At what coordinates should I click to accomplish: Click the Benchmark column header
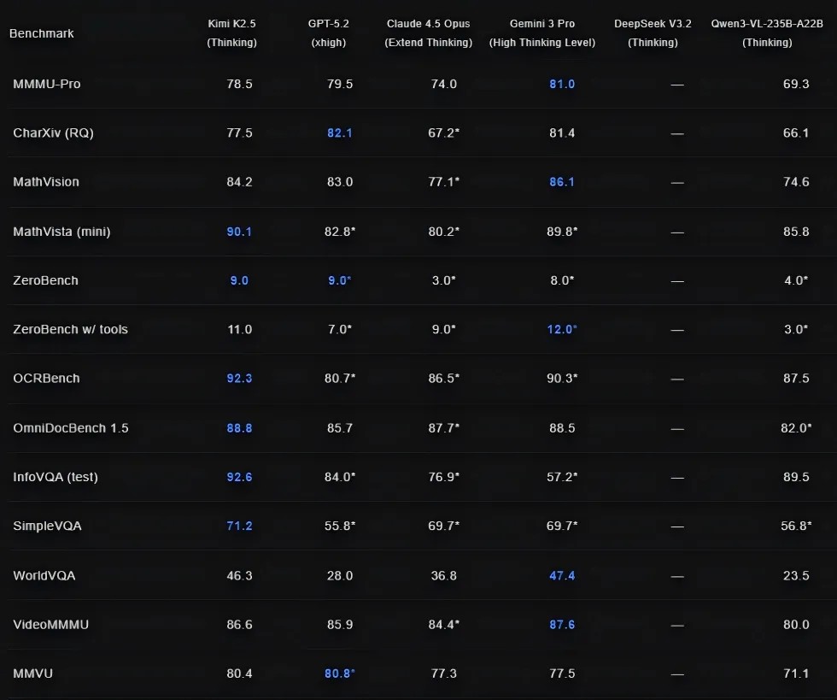point(41,33)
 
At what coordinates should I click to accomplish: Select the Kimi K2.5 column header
point(231,32)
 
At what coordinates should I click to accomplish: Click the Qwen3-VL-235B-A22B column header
point(767,32)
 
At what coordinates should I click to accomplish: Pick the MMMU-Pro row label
point(47,84)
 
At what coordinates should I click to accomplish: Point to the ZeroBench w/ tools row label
point(70,329)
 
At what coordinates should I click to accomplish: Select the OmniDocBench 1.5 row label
point(70,427)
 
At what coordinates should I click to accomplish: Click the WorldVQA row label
point(44,575)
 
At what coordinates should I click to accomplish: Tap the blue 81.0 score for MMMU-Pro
point(562,84)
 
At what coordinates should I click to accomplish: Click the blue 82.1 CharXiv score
point(339,132)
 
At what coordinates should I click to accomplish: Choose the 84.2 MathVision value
point(239,182)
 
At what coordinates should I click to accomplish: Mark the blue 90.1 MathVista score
point(239,231)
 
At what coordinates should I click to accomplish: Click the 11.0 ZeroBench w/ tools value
point(239,329)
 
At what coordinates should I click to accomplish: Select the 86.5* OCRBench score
point(444,379)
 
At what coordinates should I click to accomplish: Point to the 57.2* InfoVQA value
point(562,477)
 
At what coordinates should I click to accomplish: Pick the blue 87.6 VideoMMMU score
point(562,625)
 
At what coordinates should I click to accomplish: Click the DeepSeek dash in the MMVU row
point(677,674)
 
